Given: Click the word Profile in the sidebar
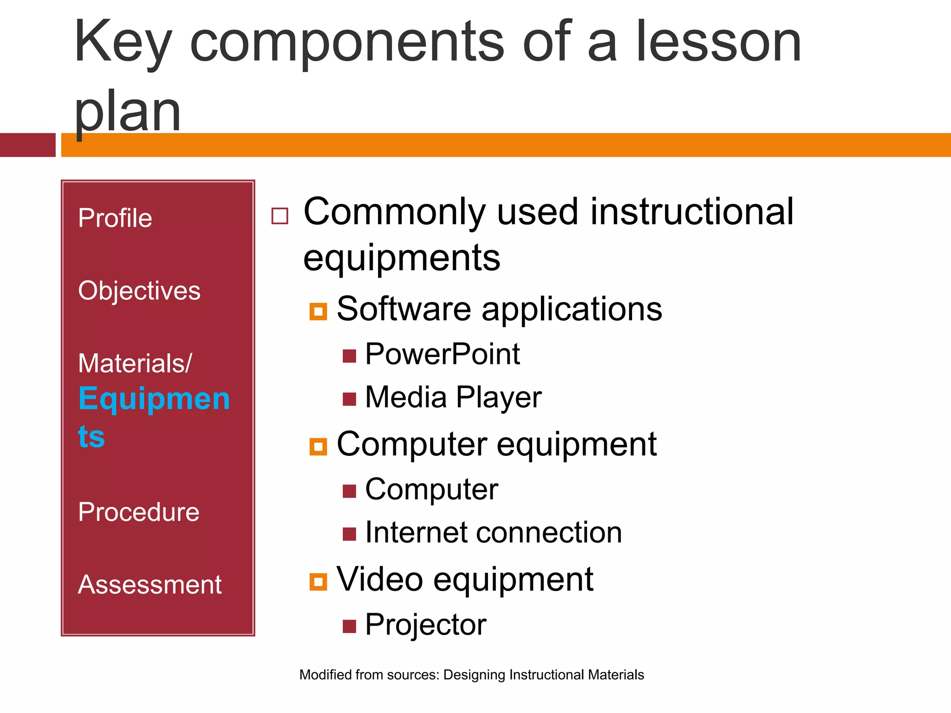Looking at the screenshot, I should pyautogui.click(x=115, y=218).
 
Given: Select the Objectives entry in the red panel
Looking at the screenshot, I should pyautogui.click(x=139, y=291).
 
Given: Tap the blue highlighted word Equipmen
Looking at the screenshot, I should pyautogui.click(x=154, y=399).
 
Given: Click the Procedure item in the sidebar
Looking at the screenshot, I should pyautogui.click(x=138, y=512).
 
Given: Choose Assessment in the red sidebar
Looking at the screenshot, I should pyautogui.click(x=150, y=584).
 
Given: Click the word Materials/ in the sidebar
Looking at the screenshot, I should pyautogui.click(x=134, y=363).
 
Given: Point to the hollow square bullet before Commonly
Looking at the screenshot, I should pyautogui.click(x=280, y=216).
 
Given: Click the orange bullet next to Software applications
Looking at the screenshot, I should pyautogui.click(x=318, y=311).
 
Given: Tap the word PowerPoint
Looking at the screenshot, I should pyautogui.click(x=442, y=354).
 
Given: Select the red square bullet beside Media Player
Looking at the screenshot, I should pyautogui.click(x=349, y=399).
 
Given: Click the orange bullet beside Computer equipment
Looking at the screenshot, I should pyautogui.click(x=318, y=447).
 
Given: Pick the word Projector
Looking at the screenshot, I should pyautogui.click(x=425, y=624).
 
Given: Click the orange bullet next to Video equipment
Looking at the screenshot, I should pyautogui.click(x=318, y=581).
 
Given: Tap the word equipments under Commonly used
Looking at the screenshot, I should pyautogui.click(x=402, y=258).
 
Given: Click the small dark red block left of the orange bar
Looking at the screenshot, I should pyautogui.click(x=27, y=145).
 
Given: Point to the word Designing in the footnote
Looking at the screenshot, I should pyautogui.click(x=474, y=674).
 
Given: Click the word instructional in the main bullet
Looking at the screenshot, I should pyautogui.click(x=692, y=212).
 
